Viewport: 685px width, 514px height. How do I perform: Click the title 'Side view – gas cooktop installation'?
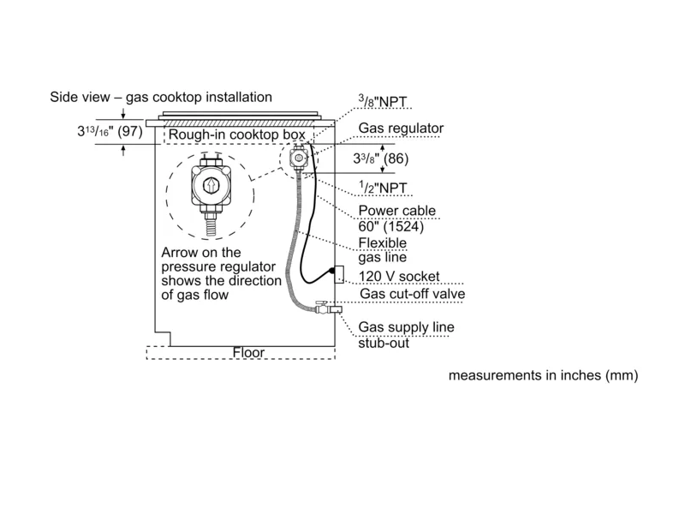point(161,98)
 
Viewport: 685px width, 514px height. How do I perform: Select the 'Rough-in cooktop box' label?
point(230,135)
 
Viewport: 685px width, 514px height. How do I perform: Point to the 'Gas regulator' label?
point(401,128)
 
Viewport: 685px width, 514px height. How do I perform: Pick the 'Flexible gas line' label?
point(381,249)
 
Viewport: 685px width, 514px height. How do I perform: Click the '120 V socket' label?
point(400,276)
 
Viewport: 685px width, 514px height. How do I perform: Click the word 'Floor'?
point(249,352)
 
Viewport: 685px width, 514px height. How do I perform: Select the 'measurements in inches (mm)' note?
point(543,375)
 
